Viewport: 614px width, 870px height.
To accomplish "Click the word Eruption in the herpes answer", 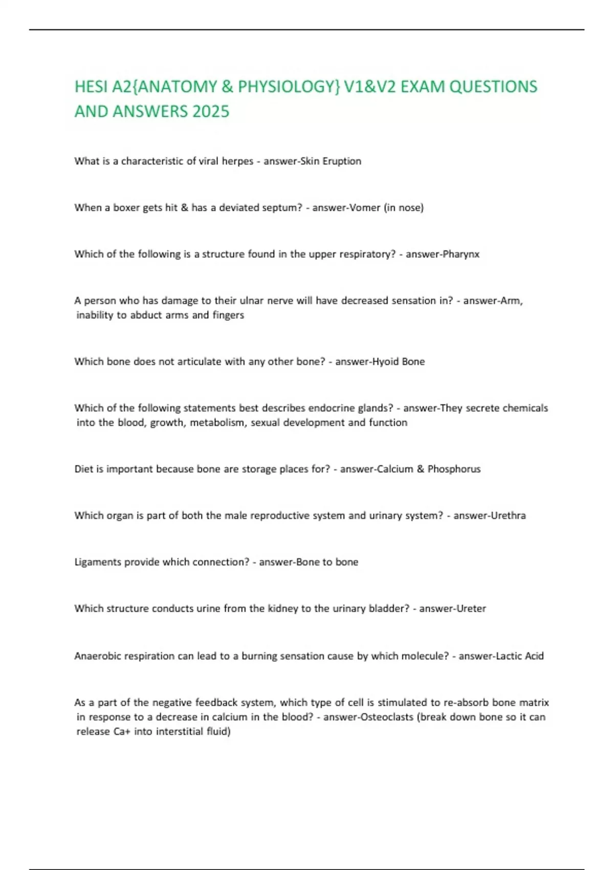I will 342,161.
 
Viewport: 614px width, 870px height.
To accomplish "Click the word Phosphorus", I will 454,469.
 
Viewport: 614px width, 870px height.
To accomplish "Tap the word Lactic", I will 509,656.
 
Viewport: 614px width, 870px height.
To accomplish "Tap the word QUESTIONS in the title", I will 493,86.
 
